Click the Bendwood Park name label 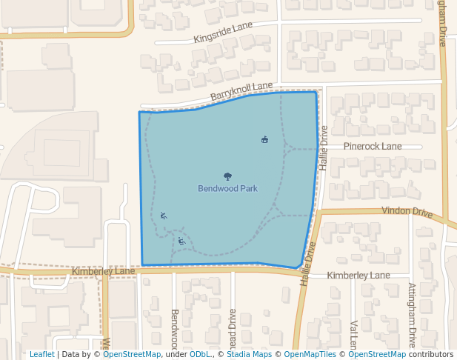[227, 189]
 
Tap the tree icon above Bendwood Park [227, 176]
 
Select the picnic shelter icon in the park [264, 139]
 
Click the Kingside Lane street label [223, 33]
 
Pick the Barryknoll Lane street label [241, 92]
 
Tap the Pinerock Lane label [373, 147]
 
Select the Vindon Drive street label [407, 212]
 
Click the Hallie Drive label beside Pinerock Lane [324, 148]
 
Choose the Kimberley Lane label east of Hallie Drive [358, 276]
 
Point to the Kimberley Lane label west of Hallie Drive [103, 272]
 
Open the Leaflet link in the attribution [41, 354]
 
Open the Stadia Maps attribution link [249, 354]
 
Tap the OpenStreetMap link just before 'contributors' [377, 354]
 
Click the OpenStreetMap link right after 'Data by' [132, 354]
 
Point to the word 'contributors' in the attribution [431, 354]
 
